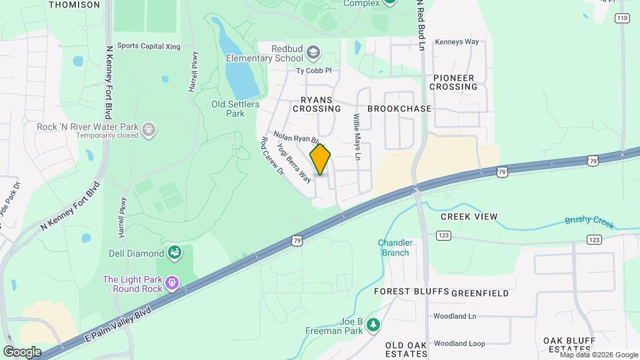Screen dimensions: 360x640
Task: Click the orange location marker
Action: coord(321,159)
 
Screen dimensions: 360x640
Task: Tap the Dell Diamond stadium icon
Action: coord(174,253)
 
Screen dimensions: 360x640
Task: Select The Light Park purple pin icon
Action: coord(173,283)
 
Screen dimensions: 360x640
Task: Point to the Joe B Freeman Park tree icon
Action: coord(374,325)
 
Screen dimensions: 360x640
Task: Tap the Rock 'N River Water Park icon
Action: coord(149,129)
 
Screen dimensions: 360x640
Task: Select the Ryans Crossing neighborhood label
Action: coord(317,103)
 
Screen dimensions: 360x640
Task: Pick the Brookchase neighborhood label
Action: coord(399,108)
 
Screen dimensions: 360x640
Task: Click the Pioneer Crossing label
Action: coord(453,82)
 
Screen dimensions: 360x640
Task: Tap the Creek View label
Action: coord(469,217)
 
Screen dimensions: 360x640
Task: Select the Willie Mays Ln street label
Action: coord(357,137)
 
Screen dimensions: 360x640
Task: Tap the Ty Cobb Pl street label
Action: coord(313,70)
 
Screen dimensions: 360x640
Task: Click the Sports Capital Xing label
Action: coord(149,46)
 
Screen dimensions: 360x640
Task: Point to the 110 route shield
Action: coord(623,18)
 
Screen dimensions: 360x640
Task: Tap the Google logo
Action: coord(22,351)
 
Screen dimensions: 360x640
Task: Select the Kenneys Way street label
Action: coord(457,41)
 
